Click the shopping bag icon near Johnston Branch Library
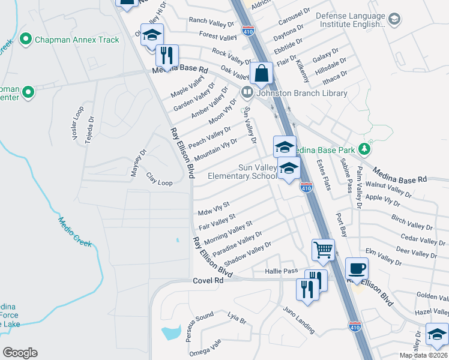[262, 74]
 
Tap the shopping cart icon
[323, 249]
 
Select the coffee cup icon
[357, 268]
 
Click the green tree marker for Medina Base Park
[363, 148]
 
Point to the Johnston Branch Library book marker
[247, 93]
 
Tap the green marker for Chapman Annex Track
[25, 40]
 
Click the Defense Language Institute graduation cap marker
[394, 19]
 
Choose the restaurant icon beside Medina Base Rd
[166, 55]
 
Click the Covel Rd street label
[208, 280]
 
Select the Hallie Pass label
[282, 272]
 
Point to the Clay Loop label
[159, 179]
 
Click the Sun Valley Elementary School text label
[242, 172]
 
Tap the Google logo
[20, 353]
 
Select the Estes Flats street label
[324, 174]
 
